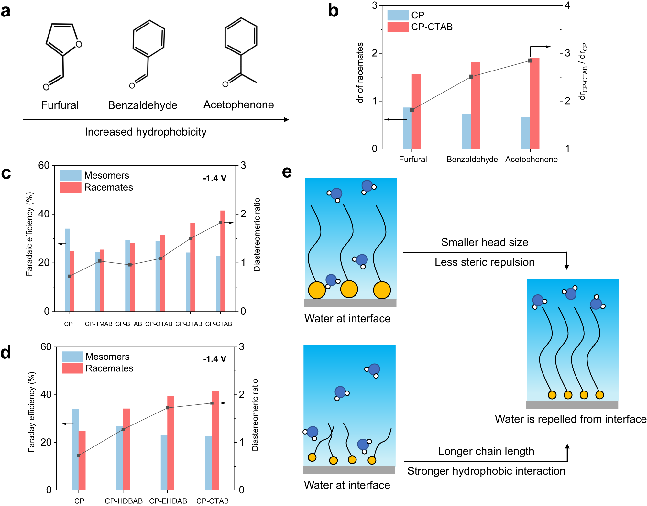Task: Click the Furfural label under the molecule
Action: pyautogui.click(x=60, y=105)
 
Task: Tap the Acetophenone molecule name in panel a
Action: pyautogui.click(x=238, y=105)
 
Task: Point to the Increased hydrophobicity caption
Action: pyautogui.click(x=146, y=132)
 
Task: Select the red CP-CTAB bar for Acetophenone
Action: pyautogui.click(x=535, y=104)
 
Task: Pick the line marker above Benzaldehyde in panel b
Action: pyautogui.click(x=471, y=77)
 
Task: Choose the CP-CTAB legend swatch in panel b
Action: pyautogui.click(x=398, y=27)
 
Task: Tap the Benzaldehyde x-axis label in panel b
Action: pyautogui.click(x=472, y=159)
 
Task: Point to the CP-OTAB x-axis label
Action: pyautogui.click(x=159, y=324)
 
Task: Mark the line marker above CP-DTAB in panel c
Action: pyautogui.click(x=191, y=238)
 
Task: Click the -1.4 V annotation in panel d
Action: pyautogui.click(x=214, y=359)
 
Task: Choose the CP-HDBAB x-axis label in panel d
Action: pyautogui.click(x=124, y=501)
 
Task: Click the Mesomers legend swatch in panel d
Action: pyautogui.click(x=72, y=357)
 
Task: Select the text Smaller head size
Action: pyautogui.click(x=484, y=242)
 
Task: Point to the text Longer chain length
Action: pyautogui.click(x=486, y=451)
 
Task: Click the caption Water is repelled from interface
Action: pyautogui.click(x=570, y=419)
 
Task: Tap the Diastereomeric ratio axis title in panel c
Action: pyautogui.click(x=257, y=235)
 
